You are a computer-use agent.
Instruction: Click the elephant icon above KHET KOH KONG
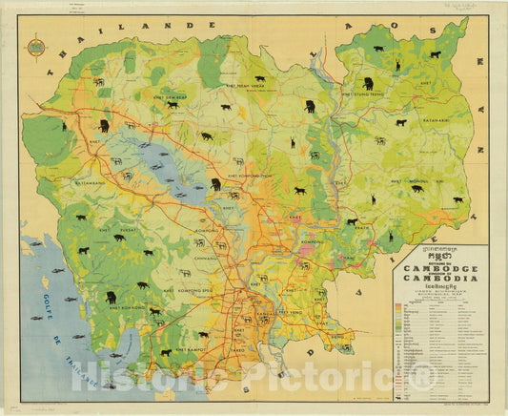point(110,295)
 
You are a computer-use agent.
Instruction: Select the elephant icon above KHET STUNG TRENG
point(368,83)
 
